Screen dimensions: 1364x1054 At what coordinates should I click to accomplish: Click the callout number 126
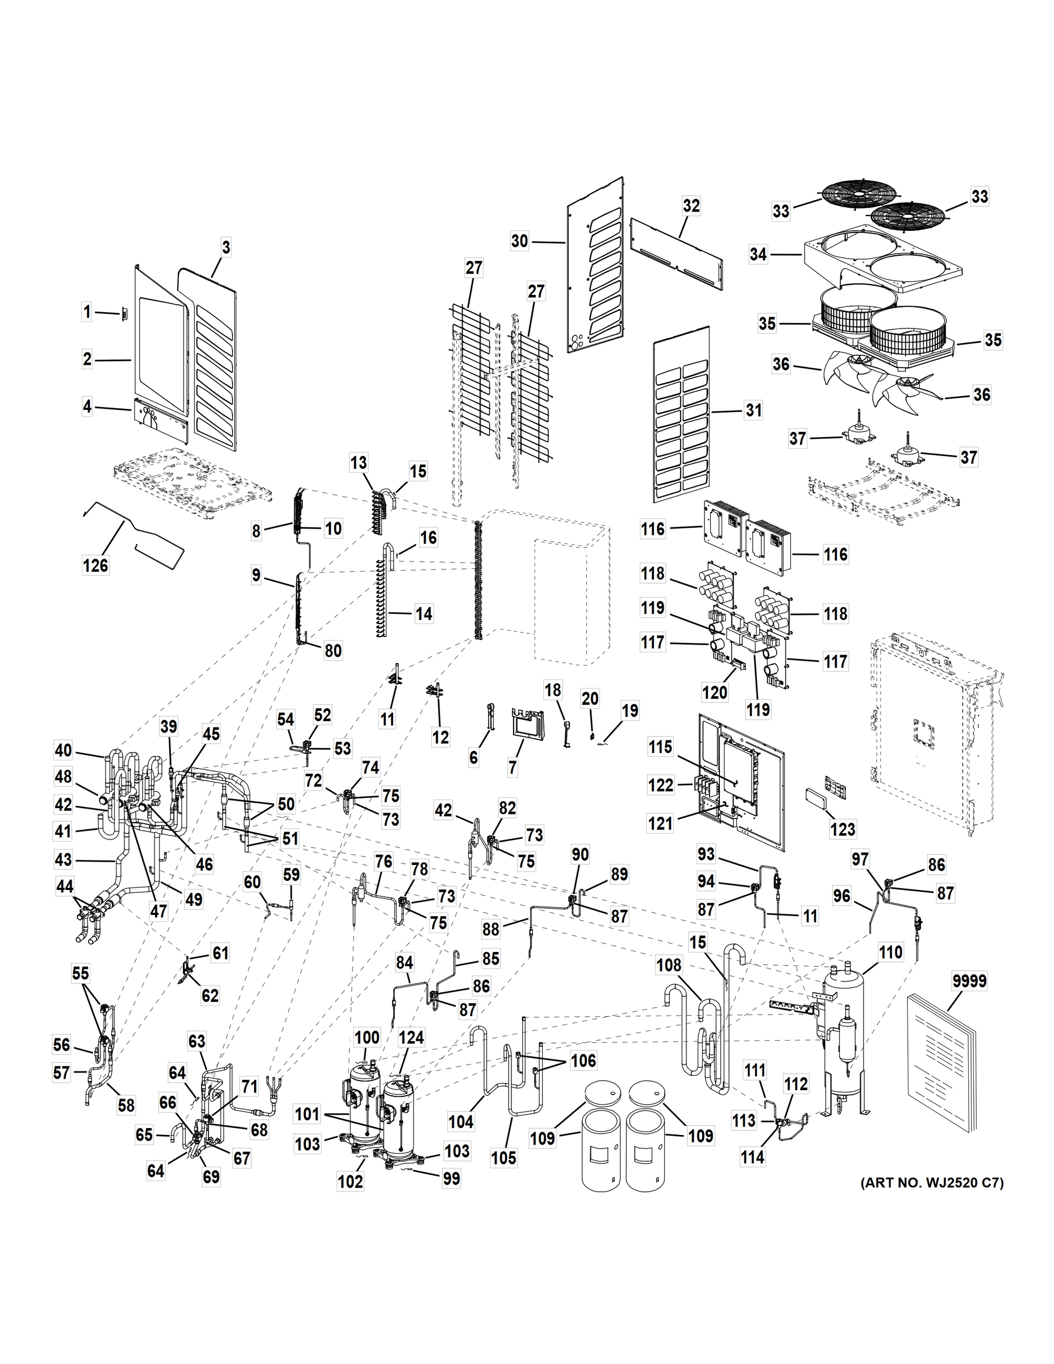[95, 566]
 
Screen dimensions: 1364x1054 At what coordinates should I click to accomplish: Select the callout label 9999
[969, 981]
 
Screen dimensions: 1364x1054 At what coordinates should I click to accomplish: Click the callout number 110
[890, 953]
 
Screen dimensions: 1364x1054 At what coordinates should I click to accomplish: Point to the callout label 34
[758, 255]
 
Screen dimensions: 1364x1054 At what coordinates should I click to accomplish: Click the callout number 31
[753, 410]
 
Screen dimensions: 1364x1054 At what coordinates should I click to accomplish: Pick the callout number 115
[661, 747]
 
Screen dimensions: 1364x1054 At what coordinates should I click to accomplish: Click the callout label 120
[715, 692]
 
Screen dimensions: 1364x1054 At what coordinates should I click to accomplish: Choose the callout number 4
[88, 407]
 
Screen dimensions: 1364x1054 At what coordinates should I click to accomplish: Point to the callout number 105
[503, 1157]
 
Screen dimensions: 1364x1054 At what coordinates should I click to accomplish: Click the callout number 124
[411, 1038]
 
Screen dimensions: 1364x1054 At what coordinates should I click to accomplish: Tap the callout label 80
[333, 651]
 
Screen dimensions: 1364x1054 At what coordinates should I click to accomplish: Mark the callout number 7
[513, 768]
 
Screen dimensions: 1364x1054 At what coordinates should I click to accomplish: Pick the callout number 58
[126, 1105]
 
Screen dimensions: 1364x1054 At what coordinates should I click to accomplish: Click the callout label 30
[519, 241]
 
